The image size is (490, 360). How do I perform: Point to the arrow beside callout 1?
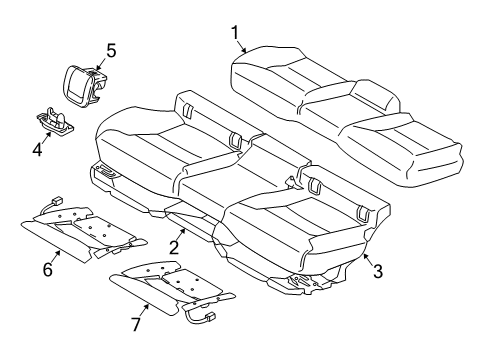point(244,47)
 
